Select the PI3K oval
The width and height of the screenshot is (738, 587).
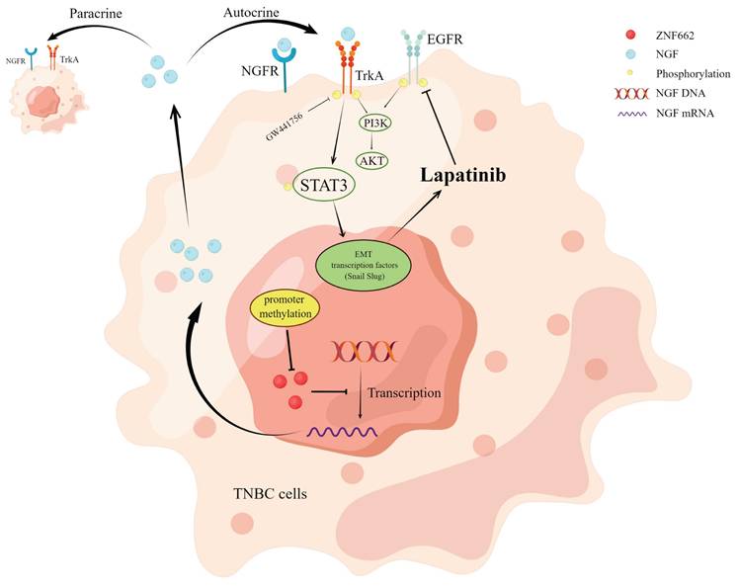pyautogui.click(x=374, y=124)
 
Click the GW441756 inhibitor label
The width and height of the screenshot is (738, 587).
pyautogui.click(x=286, y=118)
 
